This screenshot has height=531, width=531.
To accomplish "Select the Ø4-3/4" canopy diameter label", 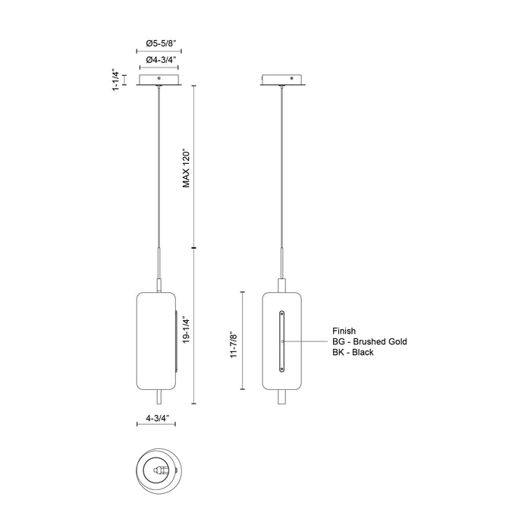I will (x=159, y=59).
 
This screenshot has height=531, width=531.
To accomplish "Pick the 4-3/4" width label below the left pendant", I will (x=159, y=418).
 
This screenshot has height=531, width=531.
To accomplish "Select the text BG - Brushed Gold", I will (x=369, y=341).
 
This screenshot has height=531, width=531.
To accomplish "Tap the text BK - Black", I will (x=353, y=353).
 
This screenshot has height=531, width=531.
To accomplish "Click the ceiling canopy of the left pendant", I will (x=159, y=80).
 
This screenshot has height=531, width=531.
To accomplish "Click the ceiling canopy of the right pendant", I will (x=283, y=80).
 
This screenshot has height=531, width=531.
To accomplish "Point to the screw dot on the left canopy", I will (x=159, y=77).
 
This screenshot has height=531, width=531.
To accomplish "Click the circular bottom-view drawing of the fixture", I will (x=159, y=470).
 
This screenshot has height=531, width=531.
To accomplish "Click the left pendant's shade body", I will (x=156, y=341).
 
